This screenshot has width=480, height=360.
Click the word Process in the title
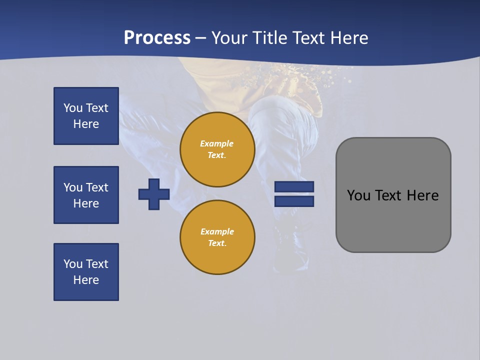pos(157,38)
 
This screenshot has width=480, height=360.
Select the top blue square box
pos(86,116)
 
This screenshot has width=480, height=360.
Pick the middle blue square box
pos(86,195)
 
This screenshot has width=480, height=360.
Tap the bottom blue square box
pos(86,272)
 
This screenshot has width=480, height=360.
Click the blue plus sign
pos(154,194)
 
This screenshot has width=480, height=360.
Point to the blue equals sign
pos(294,194)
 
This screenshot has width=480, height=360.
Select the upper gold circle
pos(217,149)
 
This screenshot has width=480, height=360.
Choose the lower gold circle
pos(217,237)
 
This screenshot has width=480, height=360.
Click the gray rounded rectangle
pos(393,195)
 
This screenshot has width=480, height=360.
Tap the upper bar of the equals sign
pos(294,186)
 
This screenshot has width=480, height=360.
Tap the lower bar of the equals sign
pos(294,201)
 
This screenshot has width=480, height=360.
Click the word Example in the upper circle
pos(216,143)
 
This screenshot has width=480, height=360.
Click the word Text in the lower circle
pos(216,243)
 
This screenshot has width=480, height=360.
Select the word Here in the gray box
pos(422,195)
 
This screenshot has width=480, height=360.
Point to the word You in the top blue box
pos(73,108)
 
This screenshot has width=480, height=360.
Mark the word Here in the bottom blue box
pos(86,280)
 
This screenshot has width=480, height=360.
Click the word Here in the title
pos(350,38)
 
